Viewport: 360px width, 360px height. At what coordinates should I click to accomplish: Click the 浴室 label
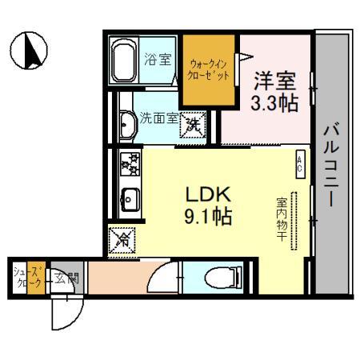[x=157, y=59]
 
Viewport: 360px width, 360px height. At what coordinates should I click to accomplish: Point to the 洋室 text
[x=274, y=80]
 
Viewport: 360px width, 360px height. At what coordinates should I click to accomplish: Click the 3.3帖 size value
[x=274, y=102]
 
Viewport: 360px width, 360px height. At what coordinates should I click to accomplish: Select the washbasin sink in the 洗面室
[x=126, y=123]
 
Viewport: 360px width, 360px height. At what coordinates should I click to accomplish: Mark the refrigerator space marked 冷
[x=123, y=238]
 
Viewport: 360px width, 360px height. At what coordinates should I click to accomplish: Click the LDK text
[x=210, y=194]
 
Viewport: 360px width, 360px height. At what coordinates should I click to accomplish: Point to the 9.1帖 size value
[x=210, y=216]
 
